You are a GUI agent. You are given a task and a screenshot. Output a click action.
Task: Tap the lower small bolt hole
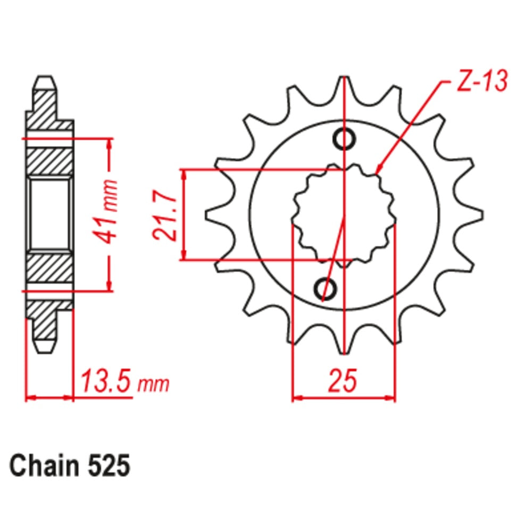coord(325,289)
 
